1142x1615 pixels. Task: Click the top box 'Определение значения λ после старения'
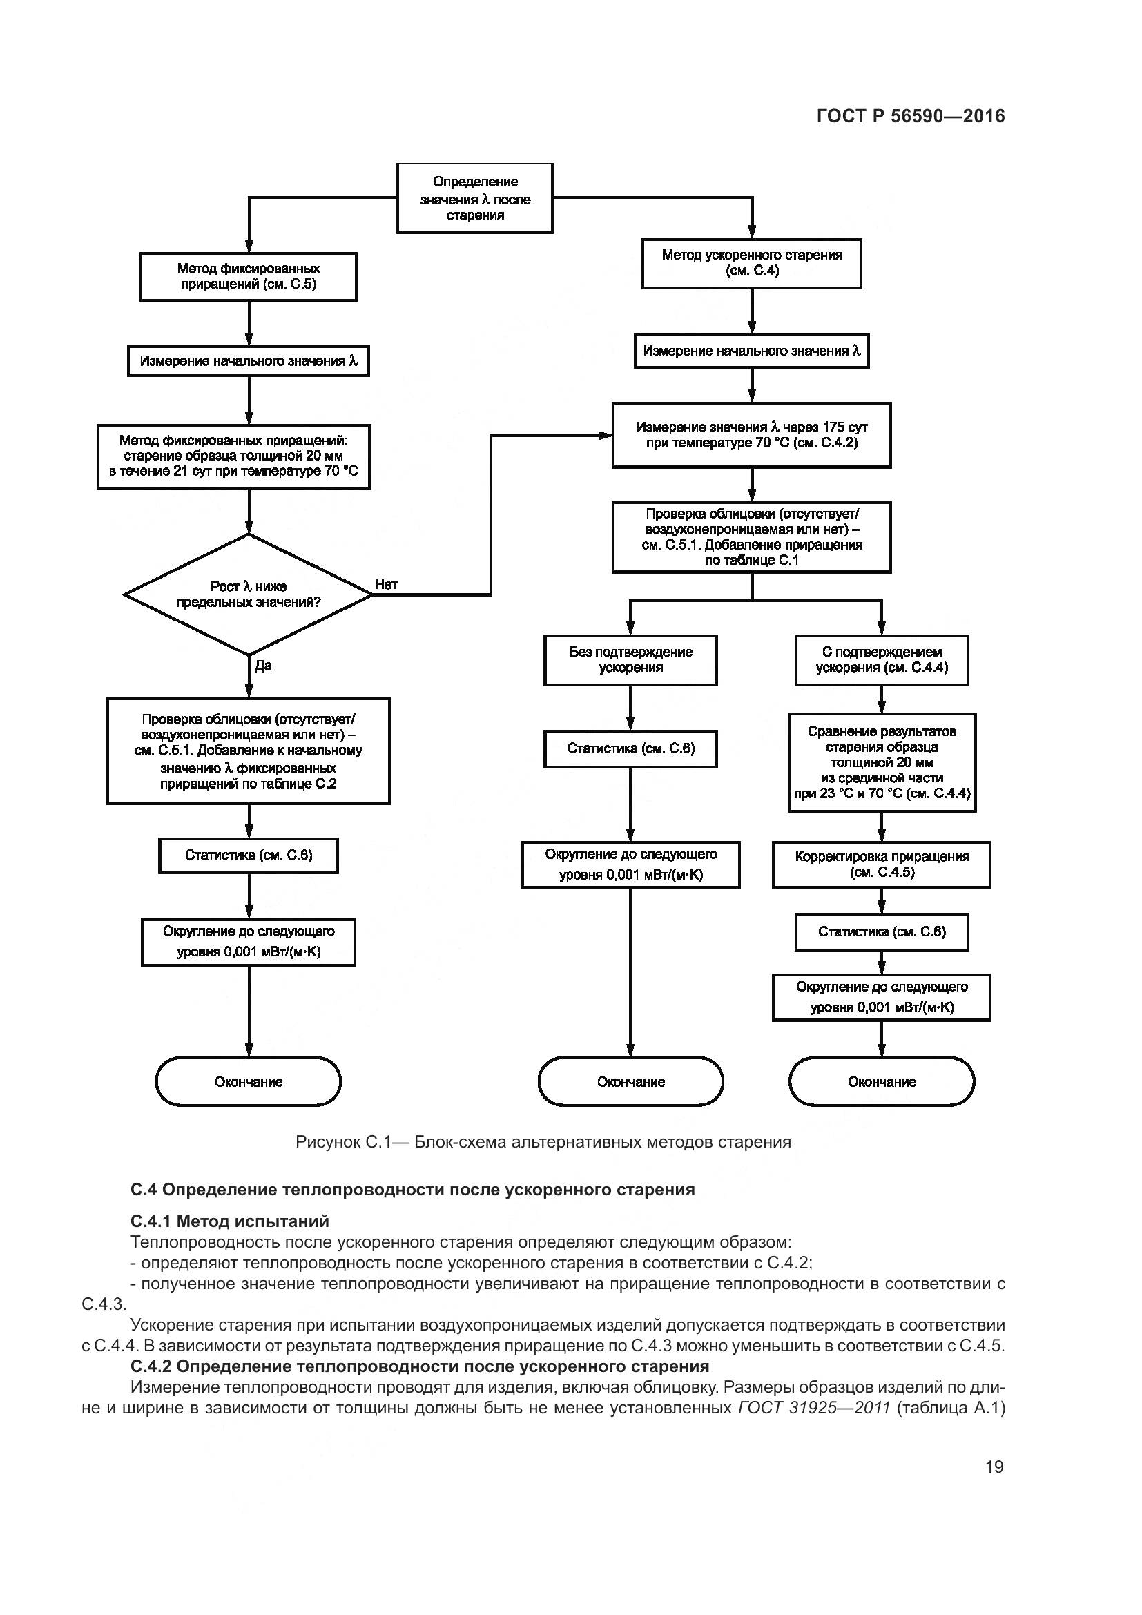tap(474, 198)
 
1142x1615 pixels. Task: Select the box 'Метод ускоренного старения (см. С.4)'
tap(752, 263)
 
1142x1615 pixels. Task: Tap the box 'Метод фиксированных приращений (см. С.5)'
tap(249, 276)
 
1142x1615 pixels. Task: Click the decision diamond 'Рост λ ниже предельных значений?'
tap(249, 594)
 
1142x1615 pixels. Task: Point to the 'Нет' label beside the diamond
tap(386, 585)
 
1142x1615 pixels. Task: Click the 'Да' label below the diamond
tap(263, 666)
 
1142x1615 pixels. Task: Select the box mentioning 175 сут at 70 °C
tap(752, 435)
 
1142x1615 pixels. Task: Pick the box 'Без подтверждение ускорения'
tap(631, 660)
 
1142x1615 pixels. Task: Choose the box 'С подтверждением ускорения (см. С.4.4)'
tap(882, 660)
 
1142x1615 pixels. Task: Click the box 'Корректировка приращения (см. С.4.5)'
tap(882, 864)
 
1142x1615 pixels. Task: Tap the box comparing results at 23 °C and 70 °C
tap(882, 762)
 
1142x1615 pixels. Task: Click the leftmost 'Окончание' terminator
tap(249, 1082)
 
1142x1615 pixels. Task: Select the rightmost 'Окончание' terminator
tap(882, 1082)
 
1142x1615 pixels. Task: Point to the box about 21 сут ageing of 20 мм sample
tap(233, 456)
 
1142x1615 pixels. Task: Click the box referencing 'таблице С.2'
tap(249, 751)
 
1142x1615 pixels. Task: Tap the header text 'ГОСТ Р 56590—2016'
tap(911, 116)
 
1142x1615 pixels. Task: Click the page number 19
tap(994, 1467)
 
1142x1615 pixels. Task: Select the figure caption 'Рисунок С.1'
tap(543, 1141)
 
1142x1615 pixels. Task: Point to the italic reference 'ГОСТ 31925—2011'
tap(814, 1407)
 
